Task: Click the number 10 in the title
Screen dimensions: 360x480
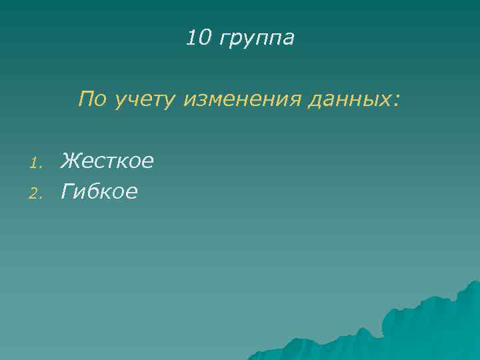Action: click(x=197, y=38)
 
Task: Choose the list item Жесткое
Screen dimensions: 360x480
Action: click(x=107, y=161)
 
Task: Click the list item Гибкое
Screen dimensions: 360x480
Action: click(x=99, y=193)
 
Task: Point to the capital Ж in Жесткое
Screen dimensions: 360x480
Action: click(x=69, y=161)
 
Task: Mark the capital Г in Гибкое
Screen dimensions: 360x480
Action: click(x=67, y=193)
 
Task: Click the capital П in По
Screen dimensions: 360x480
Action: click(x=85, y=99)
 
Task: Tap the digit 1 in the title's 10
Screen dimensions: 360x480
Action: click(x=191, y=38)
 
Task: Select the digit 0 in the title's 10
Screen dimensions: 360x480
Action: click(x=203, y=38)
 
